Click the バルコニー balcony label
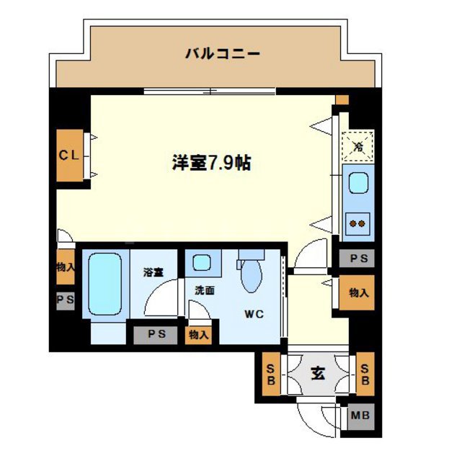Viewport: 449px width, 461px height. [221, 53]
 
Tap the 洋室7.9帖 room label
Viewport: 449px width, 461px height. [210, 163]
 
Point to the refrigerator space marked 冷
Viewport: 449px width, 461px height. [358, 146]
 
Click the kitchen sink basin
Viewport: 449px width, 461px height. [357, 184]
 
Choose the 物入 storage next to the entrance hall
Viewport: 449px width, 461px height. [357, 292]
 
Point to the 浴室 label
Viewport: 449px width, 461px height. [152, 273]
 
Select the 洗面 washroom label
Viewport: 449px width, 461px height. [204, 291]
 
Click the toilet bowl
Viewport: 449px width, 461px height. [251, 274]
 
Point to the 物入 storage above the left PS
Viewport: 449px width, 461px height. [66, 267]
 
